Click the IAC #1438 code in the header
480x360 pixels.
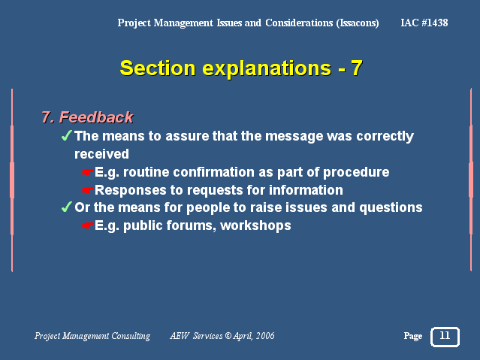(x=424, y=23)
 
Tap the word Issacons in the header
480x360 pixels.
(x=358, y=23)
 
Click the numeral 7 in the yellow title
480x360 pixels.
(x=357, y=68)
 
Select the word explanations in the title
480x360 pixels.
(x=267, y=68)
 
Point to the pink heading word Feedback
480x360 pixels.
(x=96, y=117)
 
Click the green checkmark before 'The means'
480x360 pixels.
(x=67, y=135)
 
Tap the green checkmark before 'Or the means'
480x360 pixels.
(x=67, y=207)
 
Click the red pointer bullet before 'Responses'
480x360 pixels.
(x=87, y=191)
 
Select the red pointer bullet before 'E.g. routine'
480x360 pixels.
(x=87, y=173)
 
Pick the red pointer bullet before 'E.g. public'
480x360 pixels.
(x=87, y=226)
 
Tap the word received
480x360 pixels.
(x=101, y=154)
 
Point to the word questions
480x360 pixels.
(x=391, y=208)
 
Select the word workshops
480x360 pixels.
(x=255, y=226)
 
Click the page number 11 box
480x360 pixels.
(x=445, y=337)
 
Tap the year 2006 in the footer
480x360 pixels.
(x=265, y=336)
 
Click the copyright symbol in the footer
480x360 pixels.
(x=228, y=336)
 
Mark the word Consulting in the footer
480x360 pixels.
(x=131, y=337)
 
